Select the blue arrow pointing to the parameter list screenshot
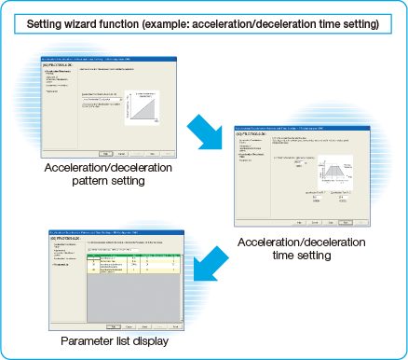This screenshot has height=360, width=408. point(212,263)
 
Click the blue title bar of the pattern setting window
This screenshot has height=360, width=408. point(103,59)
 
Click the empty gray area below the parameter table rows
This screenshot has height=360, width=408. point(140,298)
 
